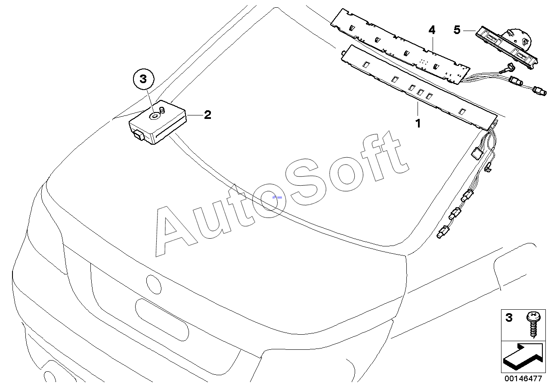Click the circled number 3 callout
click(x=143, y=80)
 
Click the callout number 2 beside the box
click(x=207, y=115)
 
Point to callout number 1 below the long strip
click(x=418, y=124)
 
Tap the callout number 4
click(x=432, y=30)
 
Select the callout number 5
click(x=457, y=30)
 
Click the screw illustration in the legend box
click(x=534, y=324)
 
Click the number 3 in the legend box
click(x=509, y=318)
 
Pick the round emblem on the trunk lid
click(x=154, y=284)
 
